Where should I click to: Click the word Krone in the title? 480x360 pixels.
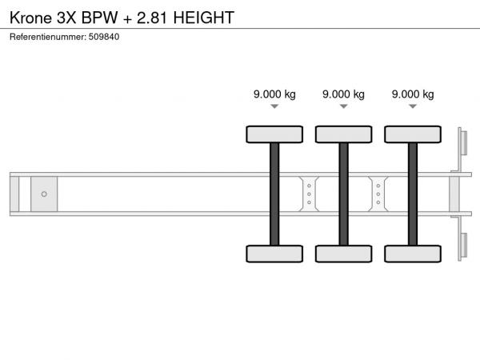(x=30, y=18)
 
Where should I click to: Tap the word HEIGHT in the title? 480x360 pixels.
(x=204, y=18)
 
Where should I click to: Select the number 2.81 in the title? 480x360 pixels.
(x=152, y=18)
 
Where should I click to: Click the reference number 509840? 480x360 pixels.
(x=104, y=37)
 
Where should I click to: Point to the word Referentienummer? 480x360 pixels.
(x=48, y=37)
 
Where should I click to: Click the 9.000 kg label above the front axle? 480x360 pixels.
(x=274, y=94)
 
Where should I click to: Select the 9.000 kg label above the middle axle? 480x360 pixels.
(x=343, y=94)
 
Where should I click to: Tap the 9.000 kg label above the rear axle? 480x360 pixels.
(x=413, y=94)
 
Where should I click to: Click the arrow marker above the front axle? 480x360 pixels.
(x=274, y=106)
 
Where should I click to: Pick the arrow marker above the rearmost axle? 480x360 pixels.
(x=413, y=106)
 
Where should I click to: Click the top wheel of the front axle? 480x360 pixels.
(x=274, y=134)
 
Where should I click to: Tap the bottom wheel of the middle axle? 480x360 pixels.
(x=343, y=254)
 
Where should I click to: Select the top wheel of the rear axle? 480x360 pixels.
(x=413, y=134)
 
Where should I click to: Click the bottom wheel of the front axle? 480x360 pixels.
(x=274, y=254)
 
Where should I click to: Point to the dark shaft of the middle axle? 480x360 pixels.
(x=343, y=194)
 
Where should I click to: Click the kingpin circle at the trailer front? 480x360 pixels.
(x=44, y=194)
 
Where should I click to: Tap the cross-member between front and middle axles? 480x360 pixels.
(x=309, y=194)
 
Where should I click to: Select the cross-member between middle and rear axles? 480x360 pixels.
(x=378, y=194)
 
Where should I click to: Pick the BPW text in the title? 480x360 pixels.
(x=99, y=18)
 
